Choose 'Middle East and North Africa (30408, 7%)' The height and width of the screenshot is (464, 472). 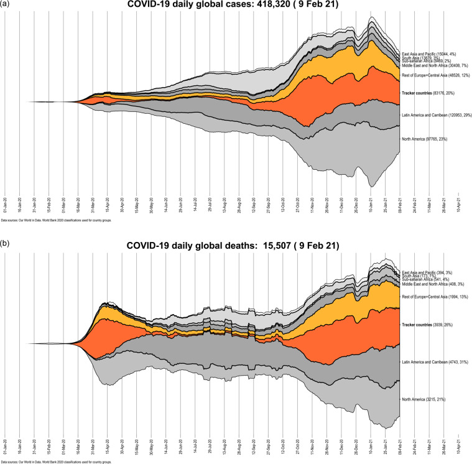tap(435, 65)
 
